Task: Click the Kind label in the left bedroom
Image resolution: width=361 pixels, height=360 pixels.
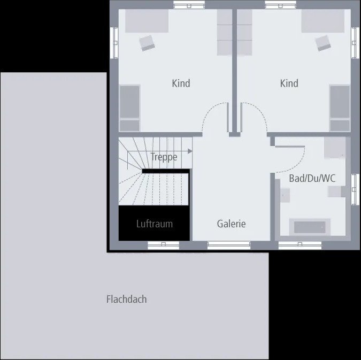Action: [181, 83]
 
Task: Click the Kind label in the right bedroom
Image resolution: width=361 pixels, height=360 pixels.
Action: [289, 83]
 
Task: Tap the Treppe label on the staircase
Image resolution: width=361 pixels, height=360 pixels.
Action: [164, 157]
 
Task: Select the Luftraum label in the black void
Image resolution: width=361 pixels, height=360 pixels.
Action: [154, 224]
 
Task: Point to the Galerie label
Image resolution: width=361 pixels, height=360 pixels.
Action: [231, 224]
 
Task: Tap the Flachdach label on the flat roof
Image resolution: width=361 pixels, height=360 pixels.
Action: [126, 299]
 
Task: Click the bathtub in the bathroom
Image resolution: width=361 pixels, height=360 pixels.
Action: [309, 227]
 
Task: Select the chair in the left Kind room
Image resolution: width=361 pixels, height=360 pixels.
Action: [147, 43]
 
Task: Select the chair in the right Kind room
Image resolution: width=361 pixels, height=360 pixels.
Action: [322, 43]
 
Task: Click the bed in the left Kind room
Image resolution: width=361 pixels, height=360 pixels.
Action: [129, 108]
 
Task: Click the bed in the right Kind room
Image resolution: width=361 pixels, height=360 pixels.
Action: [340, 108]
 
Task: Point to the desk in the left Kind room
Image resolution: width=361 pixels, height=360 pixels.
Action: [147, 21]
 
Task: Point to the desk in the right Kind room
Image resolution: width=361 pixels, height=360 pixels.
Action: [322, 21]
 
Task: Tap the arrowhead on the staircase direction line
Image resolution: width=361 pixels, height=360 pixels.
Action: [189, 151]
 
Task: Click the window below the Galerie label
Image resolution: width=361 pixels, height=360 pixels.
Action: [228, 246]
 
